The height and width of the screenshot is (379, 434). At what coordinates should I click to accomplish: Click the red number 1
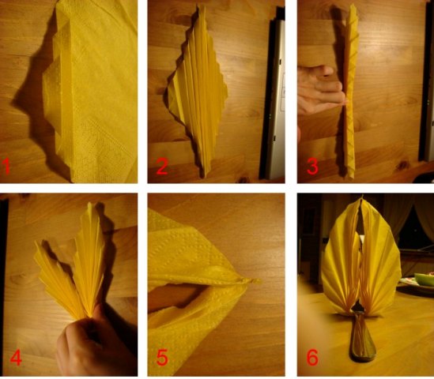[6, 167]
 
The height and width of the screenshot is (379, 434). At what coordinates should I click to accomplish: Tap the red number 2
[162, 167]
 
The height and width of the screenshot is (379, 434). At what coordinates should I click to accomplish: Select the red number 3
[313, 167]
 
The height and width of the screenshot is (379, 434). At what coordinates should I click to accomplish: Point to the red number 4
[16, 358]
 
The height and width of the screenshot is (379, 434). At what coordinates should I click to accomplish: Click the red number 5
[162, 358]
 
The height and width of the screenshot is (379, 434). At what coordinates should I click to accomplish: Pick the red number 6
[313, 358]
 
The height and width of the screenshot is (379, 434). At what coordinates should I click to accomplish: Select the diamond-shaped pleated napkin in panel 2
[198, 92]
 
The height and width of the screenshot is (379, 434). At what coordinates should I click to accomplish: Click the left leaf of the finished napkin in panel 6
[341, 265]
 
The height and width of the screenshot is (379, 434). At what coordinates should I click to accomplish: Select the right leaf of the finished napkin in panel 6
[379, 260]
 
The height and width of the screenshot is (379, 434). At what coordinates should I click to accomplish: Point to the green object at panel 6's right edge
[424, 280]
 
